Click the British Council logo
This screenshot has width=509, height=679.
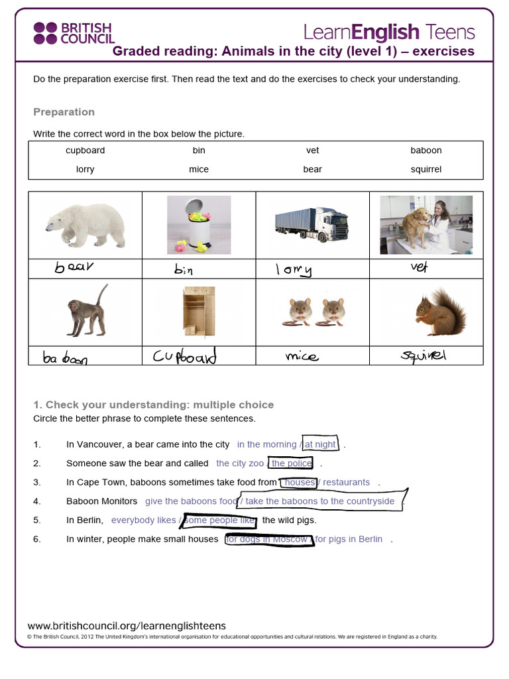coord(74,33)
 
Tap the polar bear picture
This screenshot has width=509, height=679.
coord(85,225)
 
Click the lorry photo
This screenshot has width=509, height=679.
coord(311,225)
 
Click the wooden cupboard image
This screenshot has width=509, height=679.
coord(199,312)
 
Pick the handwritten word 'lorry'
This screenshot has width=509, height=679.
coord(294,269)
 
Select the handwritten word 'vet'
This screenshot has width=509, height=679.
coord(420,267)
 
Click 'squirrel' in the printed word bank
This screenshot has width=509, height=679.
coord(425,169)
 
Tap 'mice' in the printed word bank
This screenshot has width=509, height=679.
coord(199,169)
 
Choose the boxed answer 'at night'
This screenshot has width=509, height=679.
coord(320,444)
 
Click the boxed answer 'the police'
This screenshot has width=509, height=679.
coord(291,463)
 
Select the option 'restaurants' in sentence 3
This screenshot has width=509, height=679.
coord(346,482)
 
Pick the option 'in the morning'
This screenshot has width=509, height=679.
coord(266,444)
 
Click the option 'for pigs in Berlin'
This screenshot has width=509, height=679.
coord(349,539)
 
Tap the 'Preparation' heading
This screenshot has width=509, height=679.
coord(64,112)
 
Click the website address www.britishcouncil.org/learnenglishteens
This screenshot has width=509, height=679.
coord(127,625)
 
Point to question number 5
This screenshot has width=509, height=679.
coord(37,521)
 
